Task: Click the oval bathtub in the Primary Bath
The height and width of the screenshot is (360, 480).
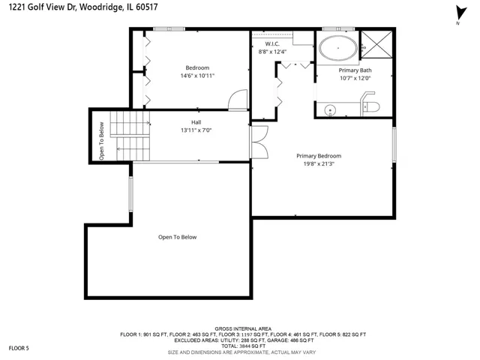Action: (338, 48)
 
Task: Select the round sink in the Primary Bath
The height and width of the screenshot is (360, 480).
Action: (330, 110)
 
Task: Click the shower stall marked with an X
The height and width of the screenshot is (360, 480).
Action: (376, 44)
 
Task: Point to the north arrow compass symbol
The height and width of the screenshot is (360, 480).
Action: (460, 14)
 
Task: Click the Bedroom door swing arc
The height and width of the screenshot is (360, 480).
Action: (238, 100)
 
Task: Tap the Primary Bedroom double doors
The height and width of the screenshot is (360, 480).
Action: (259, 142)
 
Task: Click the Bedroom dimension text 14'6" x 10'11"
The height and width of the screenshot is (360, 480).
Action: (197, 76)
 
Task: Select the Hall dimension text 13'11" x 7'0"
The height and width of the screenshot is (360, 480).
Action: (196, 130)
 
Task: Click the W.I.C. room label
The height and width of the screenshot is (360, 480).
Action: (272, 43)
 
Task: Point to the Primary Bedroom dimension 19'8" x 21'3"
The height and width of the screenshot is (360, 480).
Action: (319, 163)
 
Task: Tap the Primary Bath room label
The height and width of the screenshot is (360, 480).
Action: (355, 70)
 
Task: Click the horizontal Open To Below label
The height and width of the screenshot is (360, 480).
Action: (177, 237)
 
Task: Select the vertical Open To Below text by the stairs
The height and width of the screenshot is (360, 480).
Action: (102, 141)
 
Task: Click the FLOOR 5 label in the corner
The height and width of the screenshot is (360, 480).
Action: (19, 348)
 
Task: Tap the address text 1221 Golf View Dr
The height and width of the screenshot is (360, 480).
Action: (43, 7)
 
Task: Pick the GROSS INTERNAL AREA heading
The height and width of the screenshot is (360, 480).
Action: (243, 328)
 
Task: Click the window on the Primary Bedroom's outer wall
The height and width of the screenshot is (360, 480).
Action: (394, 145)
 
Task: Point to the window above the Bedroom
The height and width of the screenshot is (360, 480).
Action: (169, 29)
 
